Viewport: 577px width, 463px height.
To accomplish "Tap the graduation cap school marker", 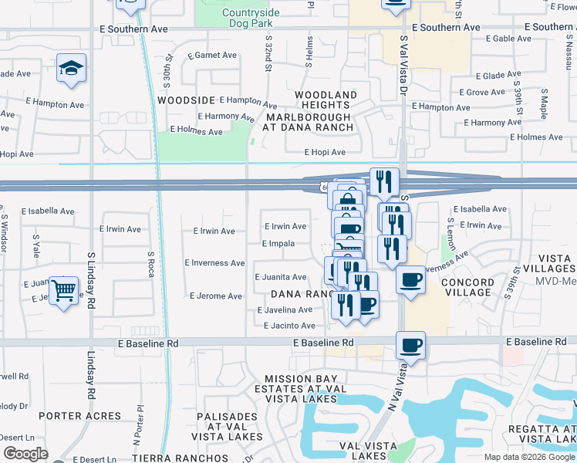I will coord(70,69).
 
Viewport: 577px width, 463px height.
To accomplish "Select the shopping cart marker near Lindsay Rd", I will coord(63,291).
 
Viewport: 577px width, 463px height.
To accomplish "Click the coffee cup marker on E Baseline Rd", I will coord(411,345).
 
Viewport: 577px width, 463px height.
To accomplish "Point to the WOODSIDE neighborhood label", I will coord(186,100).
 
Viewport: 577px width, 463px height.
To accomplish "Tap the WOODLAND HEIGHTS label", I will coord(326,100).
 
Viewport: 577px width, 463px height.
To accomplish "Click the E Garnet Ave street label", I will coord(212,56).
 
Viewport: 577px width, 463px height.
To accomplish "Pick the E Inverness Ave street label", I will coord(214,263).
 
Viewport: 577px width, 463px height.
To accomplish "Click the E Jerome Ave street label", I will coord(216,296).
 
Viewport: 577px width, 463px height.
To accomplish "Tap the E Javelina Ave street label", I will coord(285,310).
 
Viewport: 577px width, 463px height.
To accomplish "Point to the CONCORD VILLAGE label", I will coord(467,288).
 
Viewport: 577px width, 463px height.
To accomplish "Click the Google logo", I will coord(25,454).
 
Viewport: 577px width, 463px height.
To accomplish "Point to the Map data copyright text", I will coord(529,457).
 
